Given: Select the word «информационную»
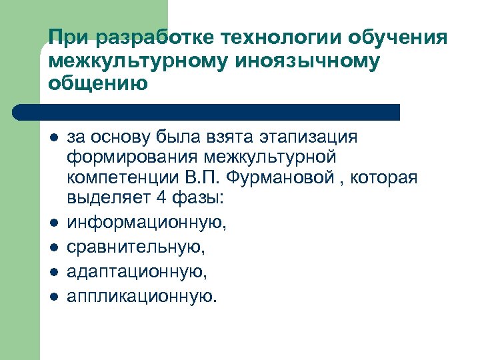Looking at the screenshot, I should click(147, 221).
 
